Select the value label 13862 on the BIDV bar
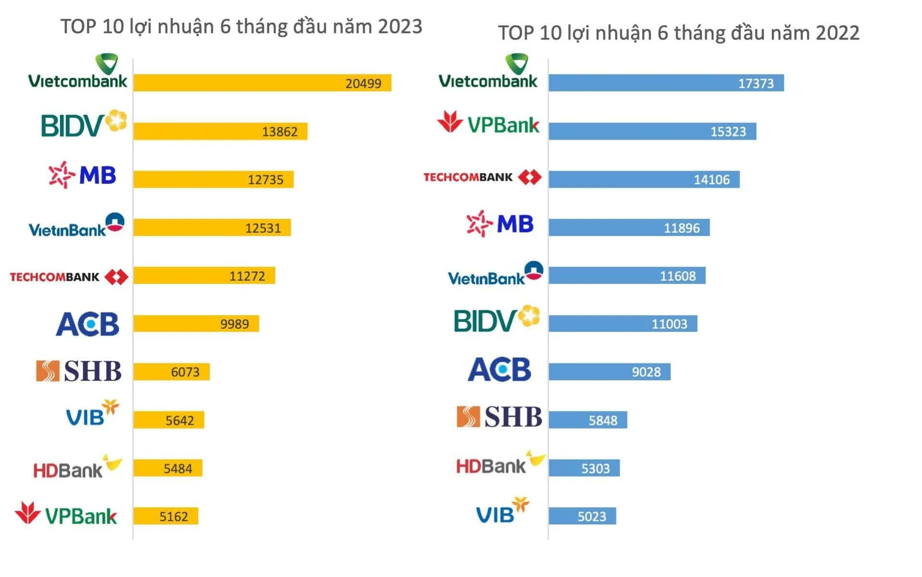pyautogui.click(x=279, y=132)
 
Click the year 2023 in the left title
pyautogui.click(x=400, y=26)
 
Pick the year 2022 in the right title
pyautogui.click(x=837, y=33)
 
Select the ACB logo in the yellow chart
pyautogui.click(x=87, y=324)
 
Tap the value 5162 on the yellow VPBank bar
pyautogui.click(x=173, y=517)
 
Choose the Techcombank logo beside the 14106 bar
pyautogui.click(x=482, y=177)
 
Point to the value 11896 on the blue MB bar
pyautogui.click(x=681, y=228)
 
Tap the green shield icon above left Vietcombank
pyautogui.click(x=107, y=64)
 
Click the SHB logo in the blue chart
pyautogui.click(x=498, y=417)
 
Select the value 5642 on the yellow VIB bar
pyautogui.click(x=180, y=421)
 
